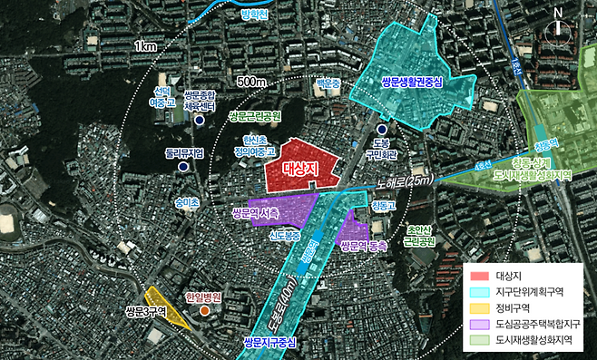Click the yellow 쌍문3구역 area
(x=165, y=306)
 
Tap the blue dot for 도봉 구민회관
(x=381, y=130)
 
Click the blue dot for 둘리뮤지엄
(x=184, y=168)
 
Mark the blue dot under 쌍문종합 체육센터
(x=199, y=119)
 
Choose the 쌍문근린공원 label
(x=259, y=117)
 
